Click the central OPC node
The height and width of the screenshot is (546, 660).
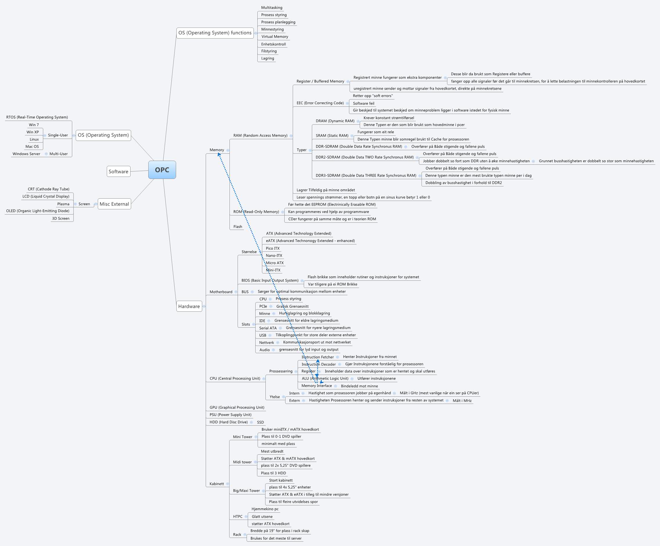162,170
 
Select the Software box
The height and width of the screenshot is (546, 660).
118,172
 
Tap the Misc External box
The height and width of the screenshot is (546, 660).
114,204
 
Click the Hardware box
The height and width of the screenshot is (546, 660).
189,306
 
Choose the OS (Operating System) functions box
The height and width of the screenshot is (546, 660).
215,33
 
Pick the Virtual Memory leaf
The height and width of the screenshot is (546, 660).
275,37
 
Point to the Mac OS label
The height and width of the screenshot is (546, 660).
32,146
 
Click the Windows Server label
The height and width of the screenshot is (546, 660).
26,154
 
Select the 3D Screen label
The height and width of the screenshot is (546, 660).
61,218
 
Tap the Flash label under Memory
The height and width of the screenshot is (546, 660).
238,226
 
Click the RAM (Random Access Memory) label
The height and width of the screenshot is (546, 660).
260,135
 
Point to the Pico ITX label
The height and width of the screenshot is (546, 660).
272,248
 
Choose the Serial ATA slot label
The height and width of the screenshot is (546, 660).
268,328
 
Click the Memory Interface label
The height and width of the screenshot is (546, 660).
317,386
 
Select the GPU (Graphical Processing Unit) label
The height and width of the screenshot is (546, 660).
237,407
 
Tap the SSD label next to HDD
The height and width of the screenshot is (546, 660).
260,422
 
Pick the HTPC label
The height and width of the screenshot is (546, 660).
238,516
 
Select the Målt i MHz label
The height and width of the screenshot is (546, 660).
462,400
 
